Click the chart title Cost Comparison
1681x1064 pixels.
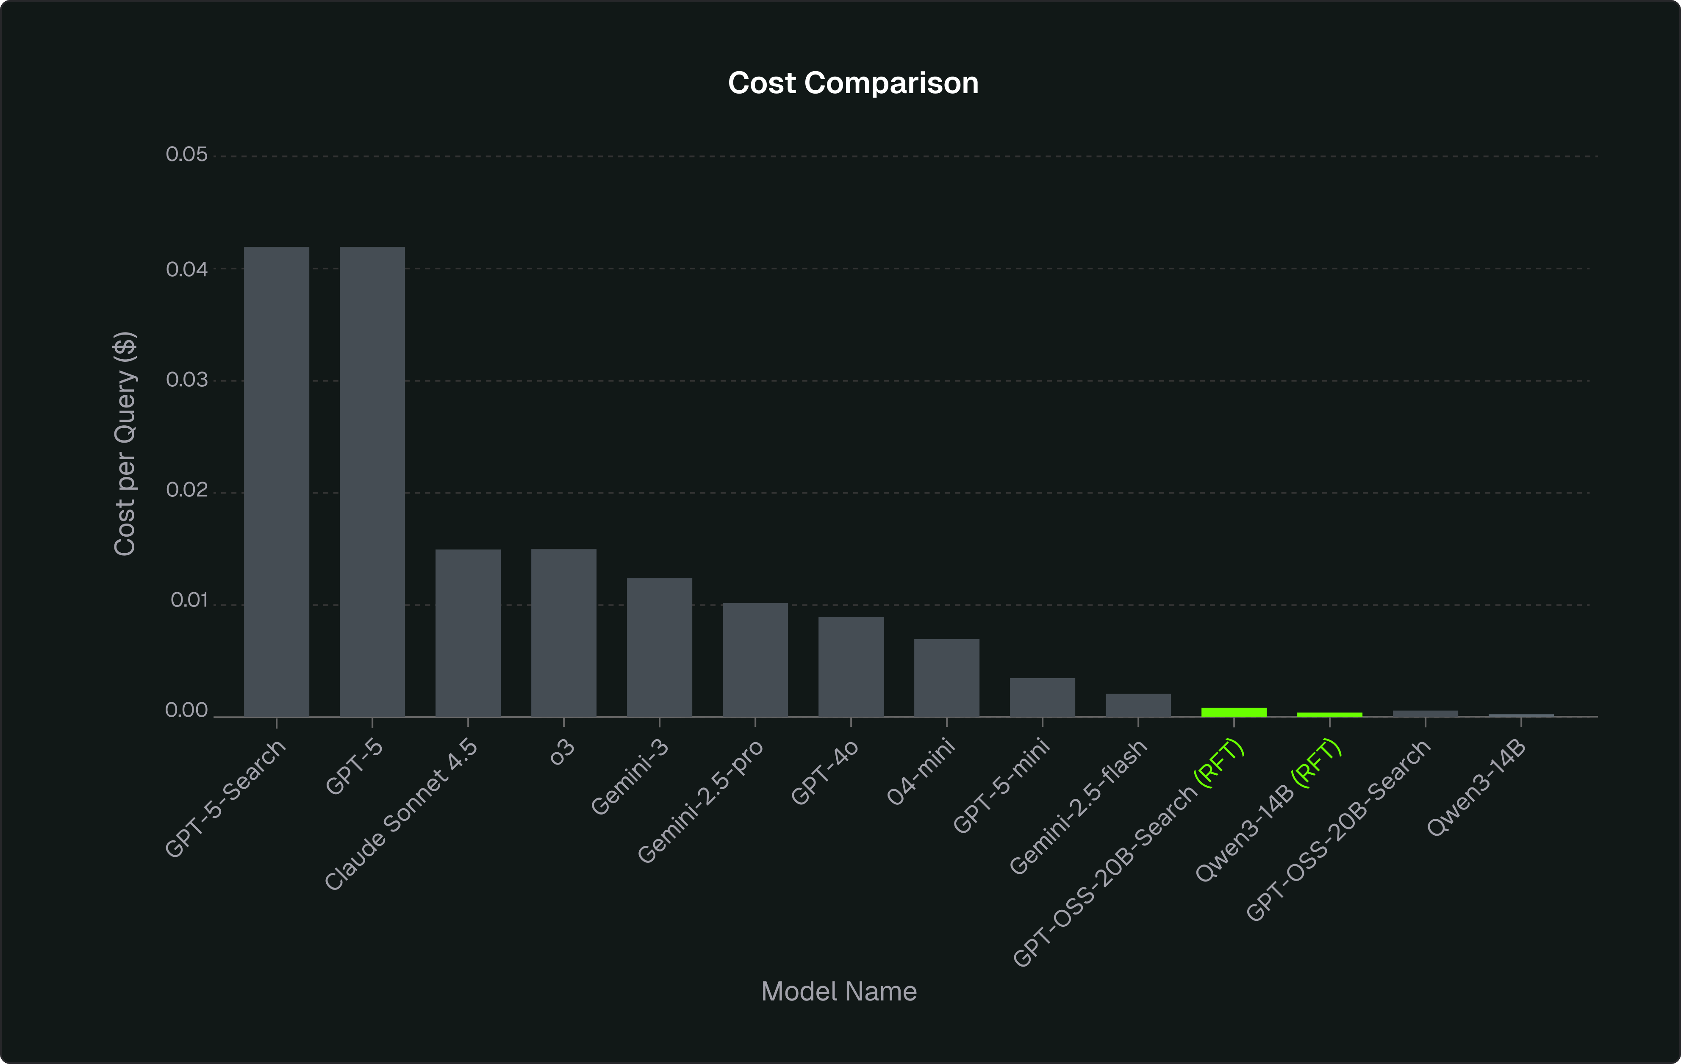853,83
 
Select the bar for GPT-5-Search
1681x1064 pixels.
277,482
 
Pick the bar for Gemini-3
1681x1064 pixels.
659,647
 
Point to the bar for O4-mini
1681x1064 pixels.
946,677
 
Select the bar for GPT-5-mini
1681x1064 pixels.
1042,697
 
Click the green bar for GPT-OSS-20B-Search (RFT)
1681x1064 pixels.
1234,712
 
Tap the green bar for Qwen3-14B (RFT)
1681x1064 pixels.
1329,714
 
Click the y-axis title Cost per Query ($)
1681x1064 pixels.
125,444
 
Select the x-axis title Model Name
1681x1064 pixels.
838,992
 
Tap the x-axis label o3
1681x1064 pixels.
562,752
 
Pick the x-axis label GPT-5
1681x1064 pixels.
355,767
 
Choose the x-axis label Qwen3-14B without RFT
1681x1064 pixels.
1476,787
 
